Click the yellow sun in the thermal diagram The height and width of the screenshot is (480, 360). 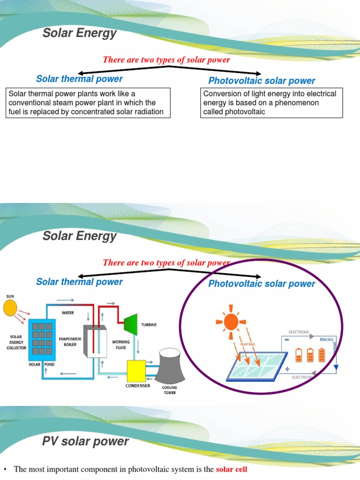[x=10, y=308]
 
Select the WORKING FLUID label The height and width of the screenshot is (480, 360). [x=121, y=345]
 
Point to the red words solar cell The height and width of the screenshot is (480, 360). [x=231, y=469]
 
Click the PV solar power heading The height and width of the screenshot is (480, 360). [x=85, y=442]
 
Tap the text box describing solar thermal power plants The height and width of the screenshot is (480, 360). [x=88, y=103]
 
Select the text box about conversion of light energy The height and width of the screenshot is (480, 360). [x=271, y=103]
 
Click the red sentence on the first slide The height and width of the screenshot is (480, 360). [x=166, y=60]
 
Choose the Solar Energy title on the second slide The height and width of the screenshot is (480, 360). [x=79, y=236]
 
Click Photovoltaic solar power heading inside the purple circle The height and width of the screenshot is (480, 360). [x=262, y=284]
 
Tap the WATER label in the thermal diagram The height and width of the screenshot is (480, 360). [x=68, y=313]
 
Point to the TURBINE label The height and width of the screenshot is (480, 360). [x=149, y=324]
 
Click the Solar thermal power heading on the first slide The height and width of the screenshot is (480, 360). [x=79, y=79]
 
